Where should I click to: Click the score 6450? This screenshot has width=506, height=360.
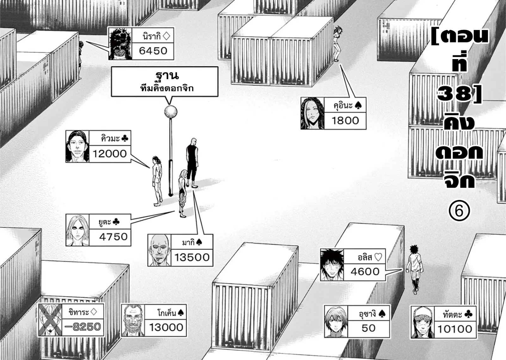(153, 51)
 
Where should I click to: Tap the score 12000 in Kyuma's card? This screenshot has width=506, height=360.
(109, 154)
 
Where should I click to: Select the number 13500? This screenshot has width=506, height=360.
(192, 257)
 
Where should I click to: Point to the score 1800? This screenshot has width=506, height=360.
(345, 121)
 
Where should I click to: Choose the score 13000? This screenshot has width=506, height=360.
(166, 327)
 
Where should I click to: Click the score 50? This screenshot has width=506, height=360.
(368, 328)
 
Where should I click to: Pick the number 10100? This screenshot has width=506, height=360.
(454, 329)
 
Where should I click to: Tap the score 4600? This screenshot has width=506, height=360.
(365, 272)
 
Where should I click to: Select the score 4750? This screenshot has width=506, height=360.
(113, 237)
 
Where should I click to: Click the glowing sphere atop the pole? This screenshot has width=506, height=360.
(170, 112)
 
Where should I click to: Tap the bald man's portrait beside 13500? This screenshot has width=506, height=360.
(160, 250)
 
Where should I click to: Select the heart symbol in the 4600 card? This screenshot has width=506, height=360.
(378, 257)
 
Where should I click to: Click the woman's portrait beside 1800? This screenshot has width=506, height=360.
(312, 113)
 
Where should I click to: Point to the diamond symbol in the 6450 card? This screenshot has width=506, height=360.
(166, 36)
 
